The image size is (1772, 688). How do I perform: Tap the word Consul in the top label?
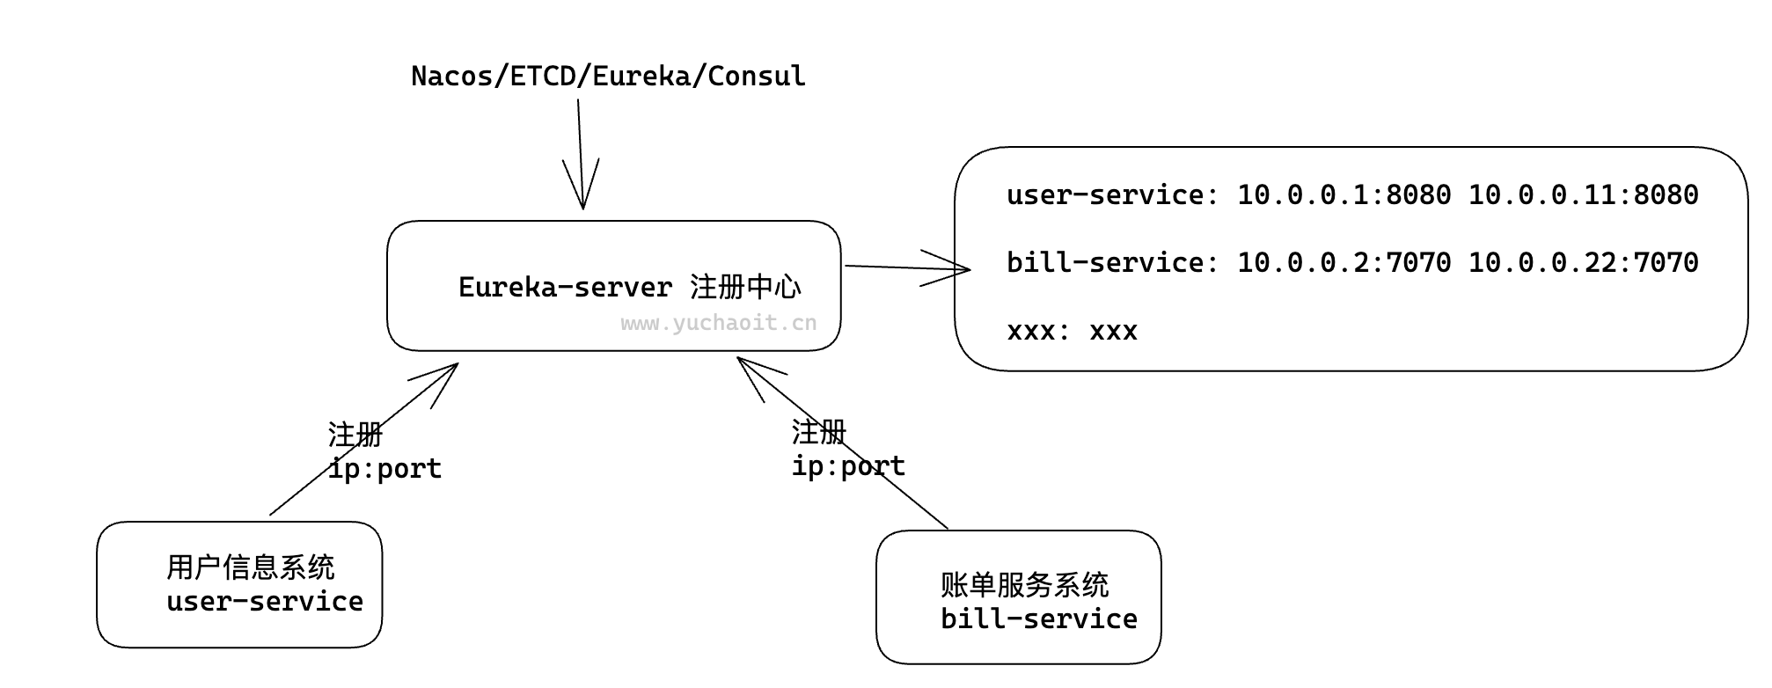coord(756,77)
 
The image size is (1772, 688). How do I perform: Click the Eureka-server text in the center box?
coord(565,288)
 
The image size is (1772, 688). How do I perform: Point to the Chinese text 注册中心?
coord(745,287)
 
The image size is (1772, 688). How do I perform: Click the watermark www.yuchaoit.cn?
coord(718,323)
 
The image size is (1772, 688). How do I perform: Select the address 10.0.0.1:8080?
coord(1344,194)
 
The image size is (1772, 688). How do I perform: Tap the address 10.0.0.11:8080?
coord(1583,194)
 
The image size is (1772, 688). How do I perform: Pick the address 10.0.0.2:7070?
coord(1344,262)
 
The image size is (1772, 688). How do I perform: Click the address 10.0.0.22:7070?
coord(1583,262)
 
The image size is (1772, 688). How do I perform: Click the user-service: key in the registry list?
coord(1112,194)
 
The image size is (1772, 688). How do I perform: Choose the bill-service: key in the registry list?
coord(1112,262)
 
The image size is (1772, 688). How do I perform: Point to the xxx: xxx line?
coord(1072,331)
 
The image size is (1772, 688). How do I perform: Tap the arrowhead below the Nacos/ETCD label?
coord(582,198)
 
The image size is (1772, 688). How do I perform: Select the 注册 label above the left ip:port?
coord(355,435)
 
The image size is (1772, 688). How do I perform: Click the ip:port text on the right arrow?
coord(848,465)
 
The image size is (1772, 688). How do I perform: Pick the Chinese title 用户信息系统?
coord(251,567)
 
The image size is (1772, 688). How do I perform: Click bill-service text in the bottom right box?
coord(1038,619)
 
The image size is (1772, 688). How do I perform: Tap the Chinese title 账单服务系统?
coord(1024,585)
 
